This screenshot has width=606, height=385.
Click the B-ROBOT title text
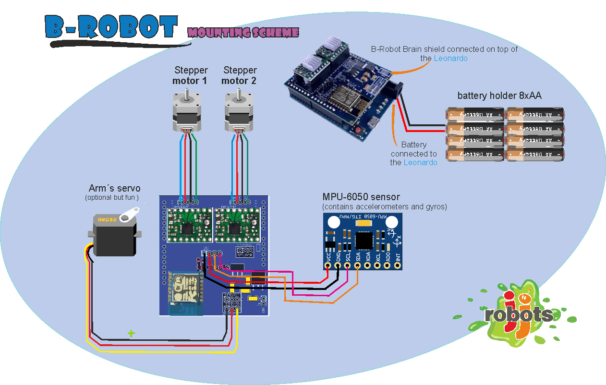(x=111, y=27)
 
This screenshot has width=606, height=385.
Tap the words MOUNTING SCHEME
(x=243, y=33)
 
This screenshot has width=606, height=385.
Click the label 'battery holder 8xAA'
(x=499, y=96)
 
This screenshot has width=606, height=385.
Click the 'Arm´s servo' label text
(x=115, y=188)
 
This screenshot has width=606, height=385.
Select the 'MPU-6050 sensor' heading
(x=361, y=197)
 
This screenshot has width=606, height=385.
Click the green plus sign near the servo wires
(x=131, y=333)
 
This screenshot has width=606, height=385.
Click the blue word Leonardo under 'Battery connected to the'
(x=420, y=163)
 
